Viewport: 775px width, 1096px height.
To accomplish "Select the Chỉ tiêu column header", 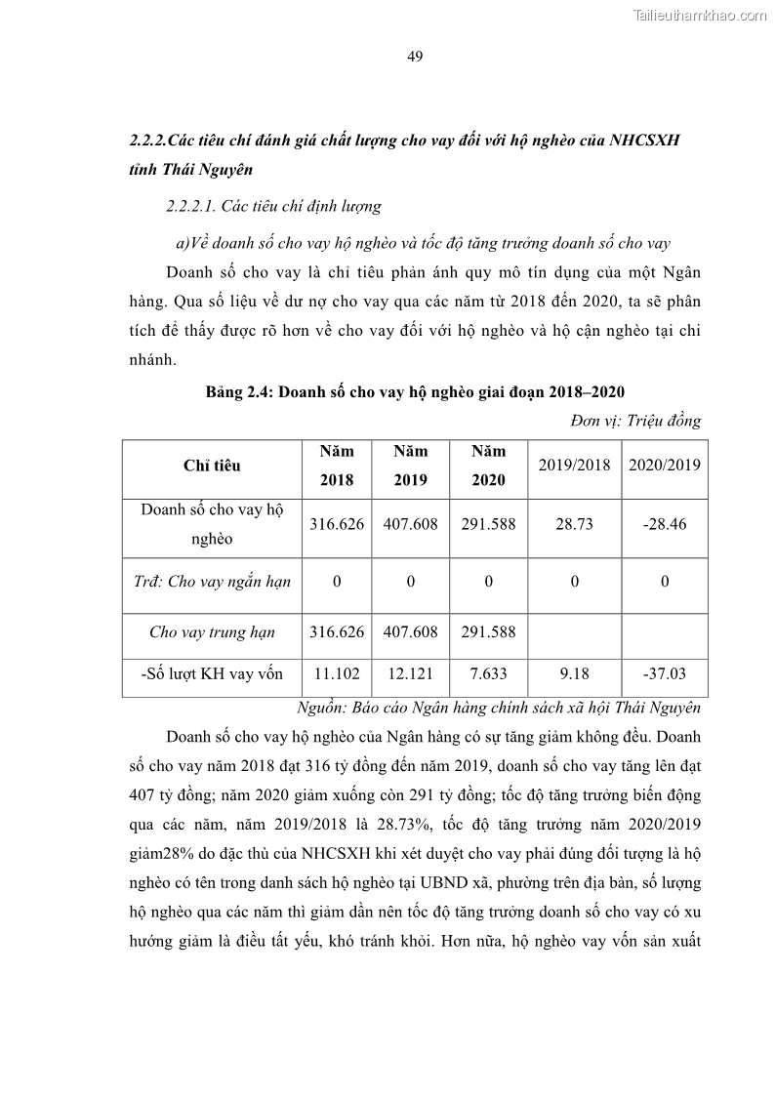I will [x=212, y=466].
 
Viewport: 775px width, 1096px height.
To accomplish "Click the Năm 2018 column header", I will [x=336, y=466].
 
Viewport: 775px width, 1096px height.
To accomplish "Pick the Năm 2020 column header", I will [x=488, y=466].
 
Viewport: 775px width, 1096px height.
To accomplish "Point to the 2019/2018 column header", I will [x=574, y=465].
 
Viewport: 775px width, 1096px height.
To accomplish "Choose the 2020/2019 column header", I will [x=664, y=465].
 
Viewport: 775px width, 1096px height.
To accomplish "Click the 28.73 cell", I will [x=574, y=524].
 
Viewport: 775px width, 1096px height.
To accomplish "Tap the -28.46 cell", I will [x=664, y=524].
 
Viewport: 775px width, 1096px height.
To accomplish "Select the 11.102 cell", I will [x=336, y=672].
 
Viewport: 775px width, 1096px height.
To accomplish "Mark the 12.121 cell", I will [x=410, y=672].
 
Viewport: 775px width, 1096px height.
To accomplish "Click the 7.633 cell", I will [x=488, y=672].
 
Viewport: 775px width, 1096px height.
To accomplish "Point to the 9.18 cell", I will [x=574, y=672].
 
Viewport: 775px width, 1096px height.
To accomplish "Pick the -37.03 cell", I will [x=664, y=672].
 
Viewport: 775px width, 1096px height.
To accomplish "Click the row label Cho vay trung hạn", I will [x=212, y=632].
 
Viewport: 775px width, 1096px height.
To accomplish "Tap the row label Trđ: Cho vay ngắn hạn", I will [x=212, y=582].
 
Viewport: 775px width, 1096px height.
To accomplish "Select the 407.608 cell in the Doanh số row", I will [x=410, y=524].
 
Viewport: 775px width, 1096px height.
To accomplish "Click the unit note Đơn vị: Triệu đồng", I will [x=634, y=421].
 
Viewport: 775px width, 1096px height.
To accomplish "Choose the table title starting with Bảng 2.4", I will [x=415, y=391].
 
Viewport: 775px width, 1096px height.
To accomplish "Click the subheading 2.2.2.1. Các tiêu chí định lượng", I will [x=273, y=207].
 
